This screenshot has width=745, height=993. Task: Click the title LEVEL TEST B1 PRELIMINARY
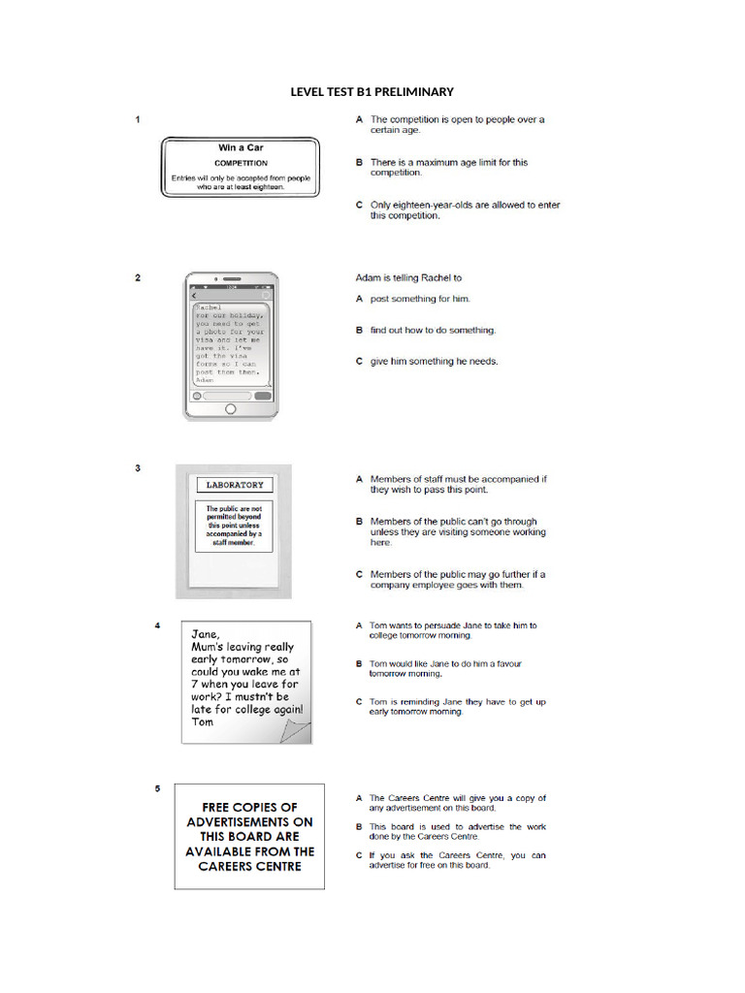(x=372, y=92)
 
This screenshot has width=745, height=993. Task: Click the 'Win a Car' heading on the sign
(x=241, y=148)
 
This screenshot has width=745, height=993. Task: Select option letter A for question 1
(x=359, y=120)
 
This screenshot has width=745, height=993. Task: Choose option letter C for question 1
(x=359, y=206)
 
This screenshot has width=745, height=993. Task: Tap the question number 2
(x=138, y=277)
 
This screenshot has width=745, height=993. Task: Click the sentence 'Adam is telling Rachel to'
(x=408, y=277)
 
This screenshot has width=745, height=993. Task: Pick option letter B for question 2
(x=359, y=331)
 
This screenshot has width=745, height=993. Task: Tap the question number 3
(x=138, y=468)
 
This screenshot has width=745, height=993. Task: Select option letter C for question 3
(x=359, y=574)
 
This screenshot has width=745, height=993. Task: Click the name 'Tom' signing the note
(x=203, y=721)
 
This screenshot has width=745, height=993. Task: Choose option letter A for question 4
(x=359, y=626)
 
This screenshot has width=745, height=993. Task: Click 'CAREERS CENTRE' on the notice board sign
(x=249, y=866)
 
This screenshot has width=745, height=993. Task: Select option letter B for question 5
(x=359, y=827)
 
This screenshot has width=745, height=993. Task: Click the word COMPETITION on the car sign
(x=241, y=163)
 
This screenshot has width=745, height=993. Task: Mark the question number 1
(x=138, y=120)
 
